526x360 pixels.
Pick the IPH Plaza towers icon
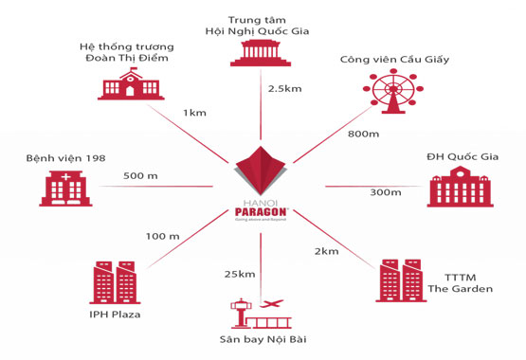116,281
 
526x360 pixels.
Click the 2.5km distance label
284,88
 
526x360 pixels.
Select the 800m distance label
363,134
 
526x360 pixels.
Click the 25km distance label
240,275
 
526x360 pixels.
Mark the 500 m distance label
140,174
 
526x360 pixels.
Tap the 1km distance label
196,113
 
